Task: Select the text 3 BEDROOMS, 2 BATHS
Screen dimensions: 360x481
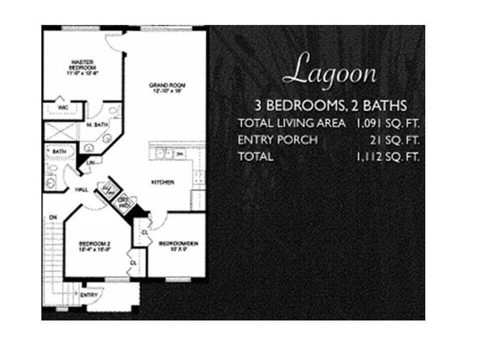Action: [330, 106]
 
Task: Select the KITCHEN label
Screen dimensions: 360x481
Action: [163, 182]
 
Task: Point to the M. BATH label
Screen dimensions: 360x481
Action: [98, 125]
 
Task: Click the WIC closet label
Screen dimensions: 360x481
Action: [62, 106]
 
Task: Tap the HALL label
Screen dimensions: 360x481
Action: [82, 189]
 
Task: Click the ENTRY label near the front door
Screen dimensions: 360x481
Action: [88, 295]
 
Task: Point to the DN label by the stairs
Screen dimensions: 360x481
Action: [53, 217]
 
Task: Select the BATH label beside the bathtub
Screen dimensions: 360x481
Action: [59, 151]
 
